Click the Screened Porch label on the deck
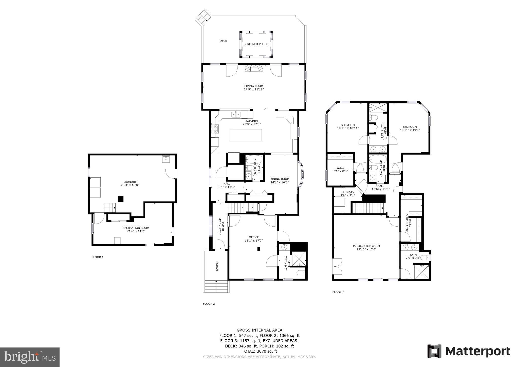point(256,44)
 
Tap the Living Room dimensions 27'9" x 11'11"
point(253,89)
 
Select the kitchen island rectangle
point(246,135)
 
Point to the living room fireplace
point(254,69)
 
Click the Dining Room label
point(279,179)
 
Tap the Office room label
point(254,237)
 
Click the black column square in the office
point(258,249)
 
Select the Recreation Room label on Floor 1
point(136,228)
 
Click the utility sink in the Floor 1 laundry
point(166,159)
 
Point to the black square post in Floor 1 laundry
point(121,199)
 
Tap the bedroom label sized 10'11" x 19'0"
point(410,129)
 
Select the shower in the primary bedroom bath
point(421,272)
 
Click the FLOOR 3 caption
point(338,292)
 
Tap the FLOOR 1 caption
point(97,257)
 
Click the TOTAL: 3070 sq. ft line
point(259,351)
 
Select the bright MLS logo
point(30,357)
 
